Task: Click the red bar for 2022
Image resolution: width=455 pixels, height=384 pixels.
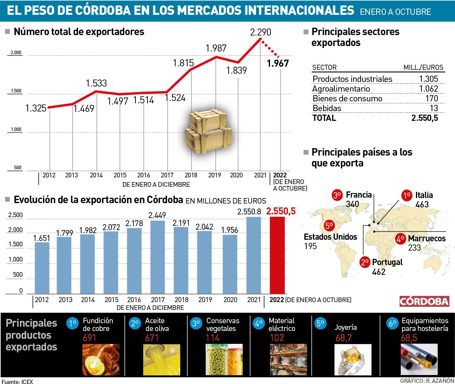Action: pos(277,255)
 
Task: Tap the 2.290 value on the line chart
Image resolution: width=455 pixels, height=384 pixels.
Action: pos(261,32)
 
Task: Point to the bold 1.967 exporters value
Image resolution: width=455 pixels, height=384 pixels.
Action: pos(278,63)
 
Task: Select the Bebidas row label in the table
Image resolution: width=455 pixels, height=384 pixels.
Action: pos(327,108)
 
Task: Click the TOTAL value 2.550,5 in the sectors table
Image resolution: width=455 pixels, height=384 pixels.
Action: pos(425,118)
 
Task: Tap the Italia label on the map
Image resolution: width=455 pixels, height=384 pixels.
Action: pos(424,195)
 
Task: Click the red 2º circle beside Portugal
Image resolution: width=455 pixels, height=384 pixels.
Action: pos(365,262)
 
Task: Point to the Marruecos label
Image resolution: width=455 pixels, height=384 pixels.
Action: pos(427,238)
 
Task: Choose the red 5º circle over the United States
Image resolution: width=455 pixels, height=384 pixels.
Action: pos(329,225)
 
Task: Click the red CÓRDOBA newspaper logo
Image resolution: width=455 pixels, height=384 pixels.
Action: pos(424,301)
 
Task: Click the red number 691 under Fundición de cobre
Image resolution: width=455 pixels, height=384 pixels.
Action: pos(89,338)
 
